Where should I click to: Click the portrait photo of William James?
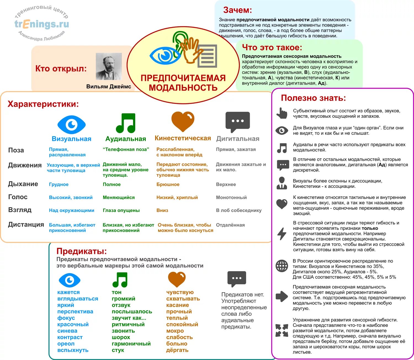click(x=108, y=66)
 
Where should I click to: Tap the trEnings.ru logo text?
click(x=42, y=24)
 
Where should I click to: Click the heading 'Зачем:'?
click(x=237, y=10)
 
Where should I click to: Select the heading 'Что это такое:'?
click(x=272, y=48)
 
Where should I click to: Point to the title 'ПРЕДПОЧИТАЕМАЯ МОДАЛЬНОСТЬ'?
click(x=183, y=83)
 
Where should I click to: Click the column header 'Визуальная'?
click(x=71, y=139)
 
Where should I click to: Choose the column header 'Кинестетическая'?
click(x=183, y=138)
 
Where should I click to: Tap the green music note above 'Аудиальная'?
click(x=126, y=123)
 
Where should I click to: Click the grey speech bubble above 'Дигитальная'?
click(x=237, y=122)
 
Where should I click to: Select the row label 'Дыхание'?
click(x=23, y=184)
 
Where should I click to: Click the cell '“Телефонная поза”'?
click(x=126, y=149)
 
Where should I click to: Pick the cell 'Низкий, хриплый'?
click(x=177, y=198)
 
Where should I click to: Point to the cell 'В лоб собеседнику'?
click(x=239, y=211)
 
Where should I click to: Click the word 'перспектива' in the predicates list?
click(x=75, y=312)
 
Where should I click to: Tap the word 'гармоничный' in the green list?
click(x=131, y=344)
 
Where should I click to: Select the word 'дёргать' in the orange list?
click(x=177, y=350)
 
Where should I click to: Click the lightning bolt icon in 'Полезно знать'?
click(x=282, y=234)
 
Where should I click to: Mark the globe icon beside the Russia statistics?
click(x=282, y=266)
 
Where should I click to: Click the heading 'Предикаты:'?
click(x=81, y=251)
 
